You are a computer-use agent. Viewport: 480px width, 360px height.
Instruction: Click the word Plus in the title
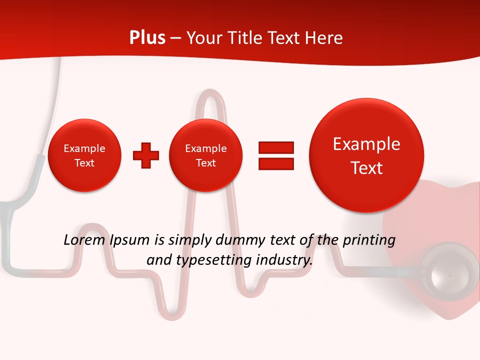click(x=147, y=38)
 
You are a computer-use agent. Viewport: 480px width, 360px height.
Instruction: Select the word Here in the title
click(x=324, y=38)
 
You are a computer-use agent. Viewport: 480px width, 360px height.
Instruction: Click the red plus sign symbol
click(x=146, y=155)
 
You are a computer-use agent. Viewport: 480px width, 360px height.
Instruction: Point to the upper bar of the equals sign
click(x=276, y=148)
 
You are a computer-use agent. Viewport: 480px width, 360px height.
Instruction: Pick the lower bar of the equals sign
click(x=276, y=164)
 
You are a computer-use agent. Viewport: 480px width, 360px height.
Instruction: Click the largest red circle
click(x=366, y=154)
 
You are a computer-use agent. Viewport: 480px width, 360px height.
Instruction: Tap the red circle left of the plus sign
click(x=84, y=155)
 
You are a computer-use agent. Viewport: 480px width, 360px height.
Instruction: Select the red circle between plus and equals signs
click(x=206, y=155)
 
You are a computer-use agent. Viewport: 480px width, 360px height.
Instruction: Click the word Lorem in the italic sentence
click(x=83, y=240)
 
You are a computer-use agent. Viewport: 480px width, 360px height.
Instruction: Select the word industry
click(x=284, y=260)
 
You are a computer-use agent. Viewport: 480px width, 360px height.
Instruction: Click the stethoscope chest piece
click(x=448, y=273)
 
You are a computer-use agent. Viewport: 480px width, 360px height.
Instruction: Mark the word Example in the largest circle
click(x=366, y=144)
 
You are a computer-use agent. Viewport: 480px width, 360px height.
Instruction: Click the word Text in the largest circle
click(x=366, y=168)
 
